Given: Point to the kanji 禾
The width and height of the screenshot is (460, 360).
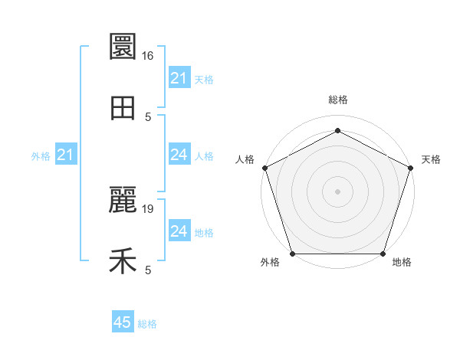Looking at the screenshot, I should pos(123,262).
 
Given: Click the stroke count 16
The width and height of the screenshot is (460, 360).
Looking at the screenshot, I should pos(148,56).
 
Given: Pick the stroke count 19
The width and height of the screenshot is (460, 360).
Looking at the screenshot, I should pos(148,209).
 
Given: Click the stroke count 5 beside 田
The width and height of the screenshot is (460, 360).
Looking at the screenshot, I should pos(148,117).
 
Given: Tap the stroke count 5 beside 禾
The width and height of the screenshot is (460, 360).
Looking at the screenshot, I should pos(148,270).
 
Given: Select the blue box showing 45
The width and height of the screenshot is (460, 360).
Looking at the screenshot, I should pos(123,322).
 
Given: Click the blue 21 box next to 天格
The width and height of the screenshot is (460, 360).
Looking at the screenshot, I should pos(179,78).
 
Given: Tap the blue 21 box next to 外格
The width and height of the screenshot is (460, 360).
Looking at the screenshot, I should pos(66,155).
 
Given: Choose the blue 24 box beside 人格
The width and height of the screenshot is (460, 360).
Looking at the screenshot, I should pos(179,155).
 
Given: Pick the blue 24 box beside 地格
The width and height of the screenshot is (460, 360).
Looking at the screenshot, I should pos(179,232).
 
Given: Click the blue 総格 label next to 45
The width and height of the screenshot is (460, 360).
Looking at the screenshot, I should pos(147,324).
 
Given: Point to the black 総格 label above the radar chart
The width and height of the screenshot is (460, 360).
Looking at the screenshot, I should pos(337,100).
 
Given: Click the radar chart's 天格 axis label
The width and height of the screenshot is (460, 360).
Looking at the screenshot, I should pos(431,159).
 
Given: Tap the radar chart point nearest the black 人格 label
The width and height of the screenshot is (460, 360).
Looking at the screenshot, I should pos(265,167).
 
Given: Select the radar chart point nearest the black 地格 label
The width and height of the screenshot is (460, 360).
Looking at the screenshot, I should pos(383,254).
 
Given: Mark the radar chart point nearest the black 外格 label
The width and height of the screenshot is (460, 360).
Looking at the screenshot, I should pos(293,254).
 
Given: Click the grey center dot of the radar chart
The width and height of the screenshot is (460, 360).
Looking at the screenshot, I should pos(337,191).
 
